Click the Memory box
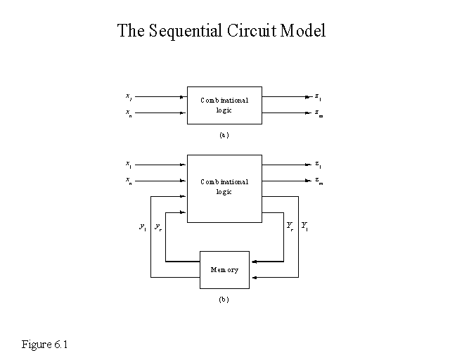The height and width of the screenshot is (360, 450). pyautogui.click(x=224, y=269)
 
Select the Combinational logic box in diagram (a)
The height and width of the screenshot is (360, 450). pyautogui.click(x=224, y=105)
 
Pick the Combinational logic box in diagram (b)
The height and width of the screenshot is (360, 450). pyautogui.click(x=224, y=188)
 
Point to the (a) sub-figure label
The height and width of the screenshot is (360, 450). pyautogui.click(x=224, y=134)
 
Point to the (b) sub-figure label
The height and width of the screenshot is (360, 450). pyautogui.click(x=224, y=300)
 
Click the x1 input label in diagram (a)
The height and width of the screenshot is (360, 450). pyautogui.click(x=129, y=96)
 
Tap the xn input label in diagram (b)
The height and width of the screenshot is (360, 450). pyautogui.click(x=129, y=181)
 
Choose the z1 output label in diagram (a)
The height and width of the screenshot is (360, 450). pyautogui.click(x=319, y=96)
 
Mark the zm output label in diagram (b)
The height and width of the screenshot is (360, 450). pyautogui.click(x=319, y=181)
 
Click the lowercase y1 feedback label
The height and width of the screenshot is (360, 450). pyautogui.click(x=143, y=226)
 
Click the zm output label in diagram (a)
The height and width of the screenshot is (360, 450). pyautogui.click(x=319, y=112)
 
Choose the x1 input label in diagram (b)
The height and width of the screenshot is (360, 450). pyautogui.click(x=129, y=165)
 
